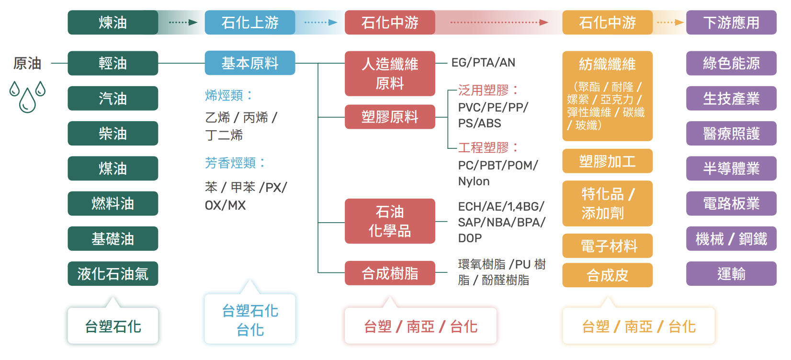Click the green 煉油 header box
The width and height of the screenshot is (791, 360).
coord(113,22)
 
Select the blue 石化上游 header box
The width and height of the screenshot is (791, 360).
coord(250,22)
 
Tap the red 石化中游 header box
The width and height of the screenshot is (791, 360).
coord(390,22)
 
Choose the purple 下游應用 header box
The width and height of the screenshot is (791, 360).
coord(731,22)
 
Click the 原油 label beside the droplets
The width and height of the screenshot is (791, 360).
coord(27,64)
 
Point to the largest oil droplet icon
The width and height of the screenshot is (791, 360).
coord(27,100)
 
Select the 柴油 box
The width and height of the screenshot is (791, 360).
coord(113,134)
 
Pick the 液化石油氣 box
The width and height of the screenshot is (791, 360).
coord(113,273)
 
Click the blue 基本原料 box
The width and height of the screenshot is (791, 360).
coord(250,63)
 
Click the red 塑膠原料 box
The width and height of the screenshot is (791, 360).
coord(390,117)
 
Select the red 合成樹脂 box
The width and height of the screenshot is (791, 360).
coord(390,273)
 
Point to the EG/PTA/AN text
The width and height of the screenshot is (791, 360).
coord(484,62)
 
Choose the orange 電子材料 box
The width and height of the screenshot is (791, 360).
coord(607,246)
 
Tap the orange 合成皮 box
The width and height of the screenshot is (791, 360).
coord(607,275)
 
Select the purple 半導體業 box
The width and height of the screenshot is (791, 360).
coord(731,169)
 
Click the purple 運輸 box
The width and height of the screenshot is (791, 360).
coord(731,273)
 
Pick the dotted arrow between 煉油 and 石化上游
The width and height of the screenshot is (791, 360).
coord(183,22)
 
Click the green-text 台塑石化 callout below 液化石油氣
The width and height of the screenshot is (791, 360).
coord(113,326)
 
